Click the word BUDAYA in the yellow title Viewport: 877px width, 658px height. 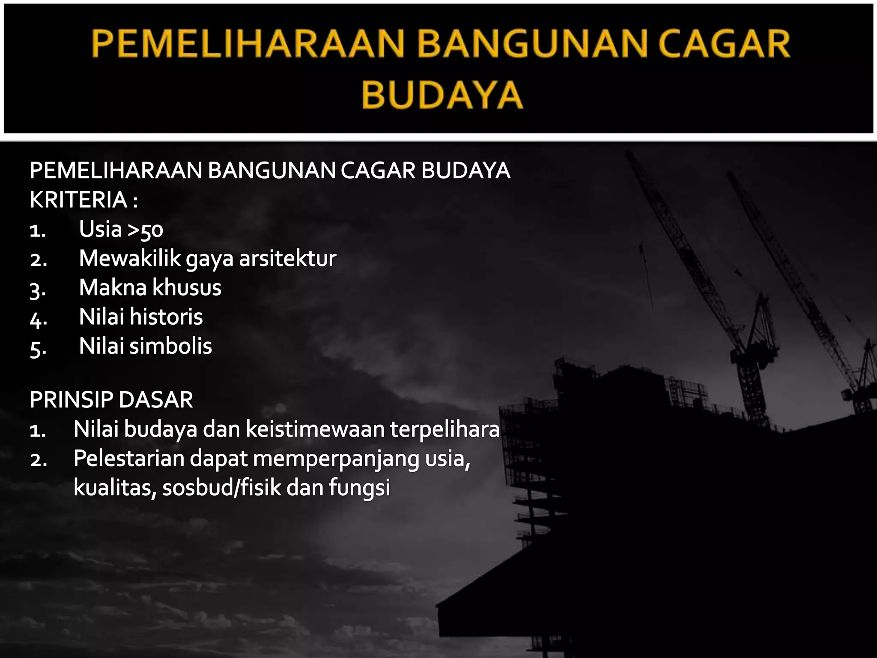click(442, 95)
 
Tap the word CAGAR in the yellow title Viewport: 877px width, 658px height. click(724, 44)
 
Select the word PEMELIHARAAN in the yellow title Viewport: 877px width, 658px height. click(248, 44)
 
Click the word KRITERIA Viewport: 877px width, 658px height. click(78, 200)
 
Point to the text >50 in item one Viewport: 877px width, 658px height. click(146, 230)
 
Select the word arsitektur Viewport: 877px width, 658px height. click(287, 258)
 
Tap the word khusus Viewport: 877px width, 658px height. click(186, 287)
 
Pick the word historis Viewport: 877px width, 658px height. click(166, 317)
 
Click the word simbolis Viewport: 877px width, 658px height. click(170, 346)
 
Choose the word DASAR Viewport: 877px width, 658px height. click(155, 400)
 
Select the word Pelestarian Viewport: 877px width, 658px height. click(128, 458)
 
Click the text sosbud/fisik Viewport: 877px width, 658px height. click(221, 488)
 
